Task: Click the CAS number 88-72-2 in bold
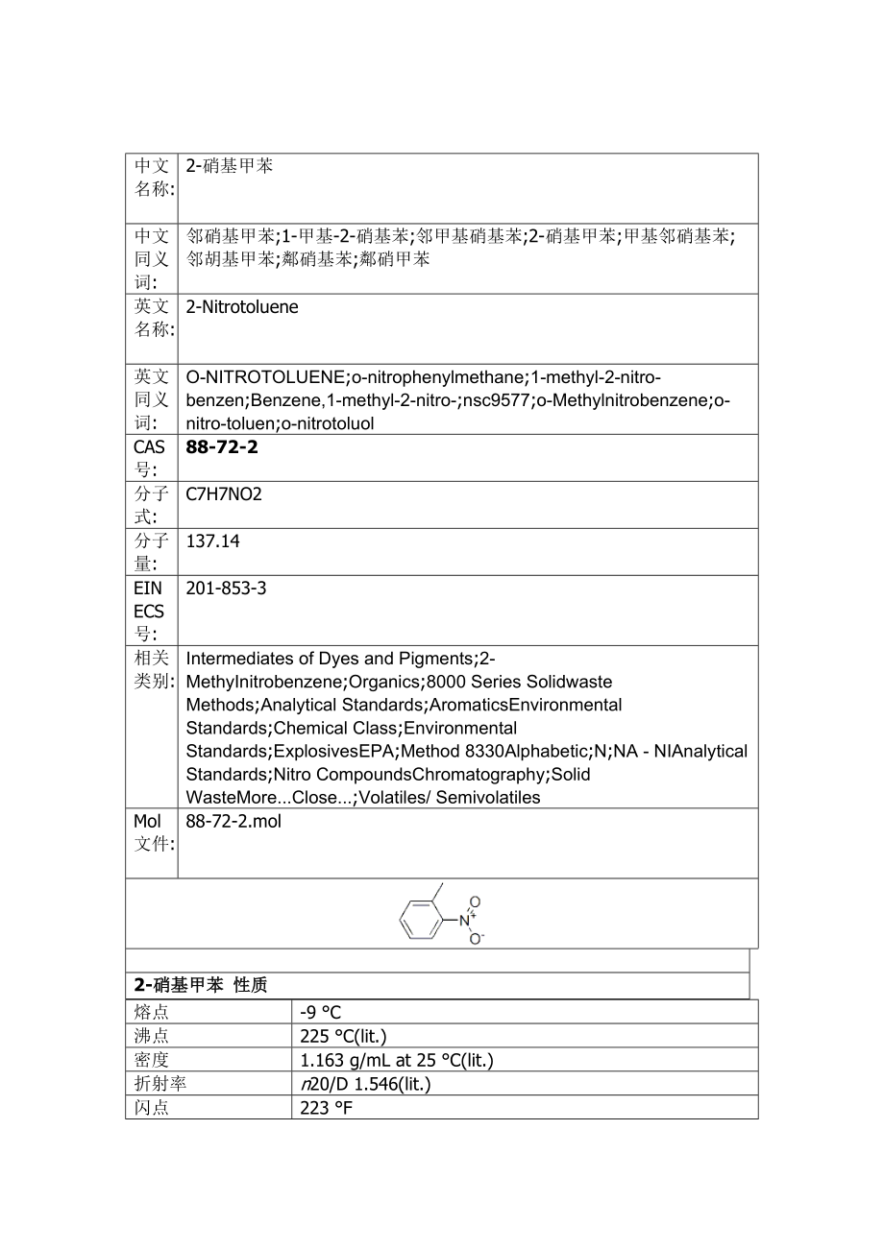tap(222, 447)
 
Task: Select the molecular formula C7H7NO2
tap(224, 494)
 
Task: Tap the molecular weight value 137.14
tap(212, 541)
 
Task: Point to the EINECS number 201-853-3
tap(226, 588)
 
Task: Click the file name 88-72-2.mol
tap(233, 822)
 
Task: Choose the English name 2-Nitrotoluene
tap(242, 307)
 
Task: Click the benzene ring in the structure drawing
tap(419, 919)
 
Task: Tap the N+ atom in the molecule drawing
tap(465, 920)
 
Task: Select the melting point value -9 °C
tap(320, 1012)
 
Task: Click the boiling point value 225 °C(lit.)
tap(343, 1036)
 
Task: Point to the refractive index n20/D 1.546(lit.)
tap(365, 1084)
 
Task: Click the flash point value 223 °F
tap(327, 1108)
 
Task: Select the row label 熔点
tap(152, 1012)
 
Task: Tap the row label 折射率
tap(160, 1084)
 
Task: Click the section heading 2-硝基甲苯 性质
tap(200, 985)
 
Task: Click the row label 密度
tap(152, 1060)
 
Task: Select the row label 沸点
tap(152, 1036)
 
